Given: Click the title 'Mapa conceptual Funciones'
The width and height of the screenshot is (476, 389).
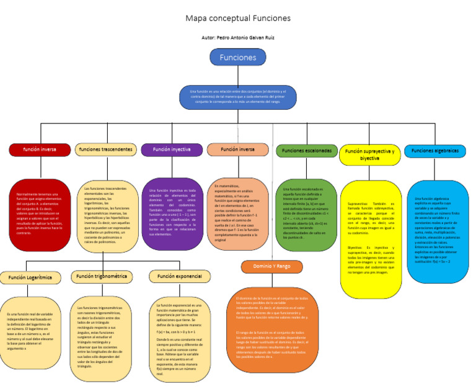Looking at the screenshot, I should point(238,19).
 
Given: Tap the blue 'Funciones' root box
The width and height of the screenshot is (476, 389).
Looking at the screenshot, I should point(237,58).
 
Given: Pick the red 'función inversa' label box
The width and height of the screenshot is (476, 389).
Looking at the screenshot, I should point(40,150).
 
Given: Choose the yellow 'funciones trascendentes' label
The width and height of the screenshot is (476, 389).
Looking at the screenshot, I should point(105,150).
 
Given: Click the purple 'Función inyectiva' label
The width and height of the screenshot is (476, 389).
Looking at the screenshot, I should point(172,150).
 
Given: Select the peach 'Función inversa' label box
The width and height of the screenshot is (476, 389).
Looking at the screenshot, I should point(237,150).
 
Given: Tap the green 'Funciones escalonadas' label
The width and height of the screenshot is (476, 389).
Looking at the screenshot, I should point(306,151).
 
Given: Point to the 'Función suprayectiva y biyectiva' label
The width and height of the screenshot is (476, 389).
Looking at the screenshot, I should point(370,154).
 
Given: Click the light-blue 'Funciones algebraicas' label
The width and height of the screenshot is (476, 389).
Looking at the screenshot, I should point(435,151).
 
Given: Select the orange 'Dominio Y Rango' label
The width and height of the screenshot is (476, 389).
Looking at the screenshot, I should point(271,266).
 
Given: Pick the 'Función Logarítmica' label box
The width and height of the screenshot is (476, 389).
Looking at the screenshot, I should point(30,277).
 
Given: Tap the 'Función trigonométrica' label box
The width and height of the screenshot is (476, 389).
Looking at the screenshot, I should point(102,276).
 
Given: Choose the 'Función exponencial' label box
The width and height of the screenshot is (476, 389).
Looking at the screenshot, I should point(179,276).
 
